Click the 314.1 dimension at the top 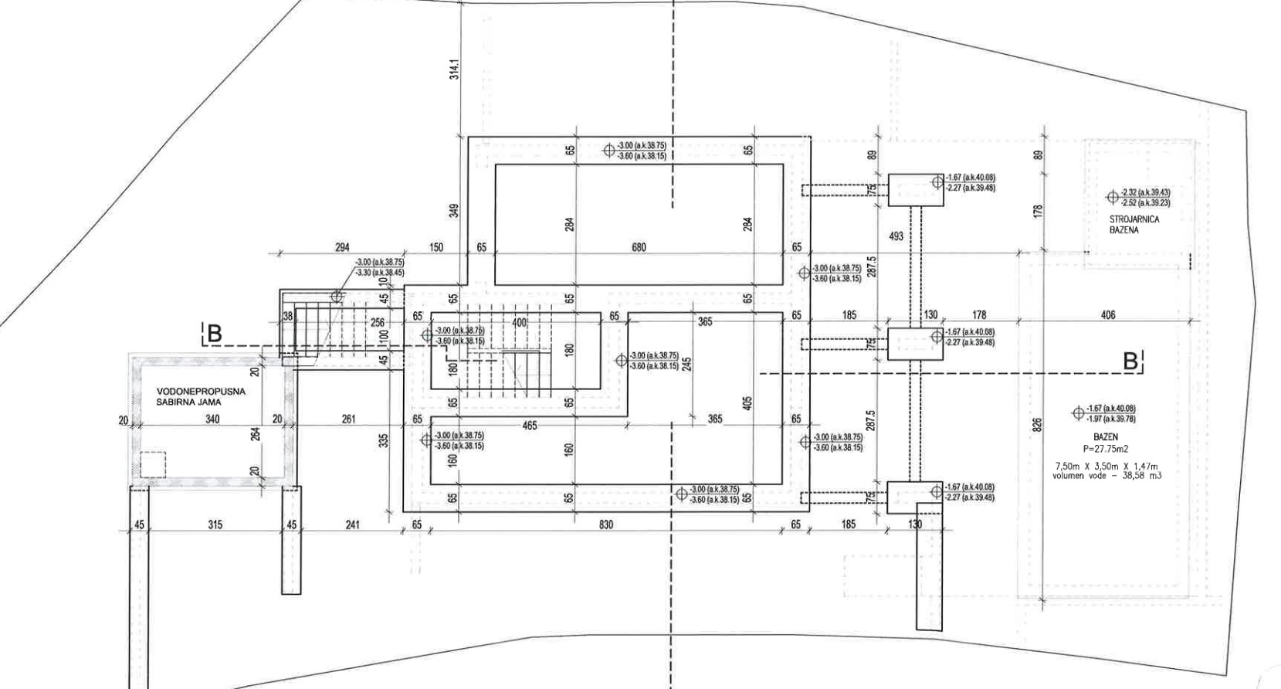coord(455,70)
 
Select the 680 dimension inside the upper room coord(639,248)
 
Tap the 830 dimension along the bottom coord(606,525)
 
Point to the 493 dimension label coord(896,236)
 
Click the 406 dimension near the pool coord(1107,315)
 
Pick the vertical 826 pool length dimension coord(1037,425)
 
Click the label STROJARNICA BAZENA coord(1134,225)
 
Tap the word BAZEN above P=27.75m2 coord(1105,437)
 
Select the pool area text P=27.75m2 coord(1106,448)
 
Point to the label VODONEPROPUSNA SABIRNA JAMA coord(201,397)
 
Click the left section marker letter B coord(214,334)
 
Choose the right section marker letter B coord(1130,361)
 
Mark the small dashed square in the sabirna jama coord(153,464)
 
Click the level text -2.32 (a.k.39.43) coord(1145,192)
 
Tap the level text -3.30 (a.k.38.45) coord(379,273)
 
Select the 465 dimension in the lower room coord(529,426)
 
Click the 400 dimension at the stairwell coord(519,323)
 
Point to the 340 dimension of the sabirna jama coord(212,419)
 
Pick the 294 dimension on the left coord(342,248)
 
